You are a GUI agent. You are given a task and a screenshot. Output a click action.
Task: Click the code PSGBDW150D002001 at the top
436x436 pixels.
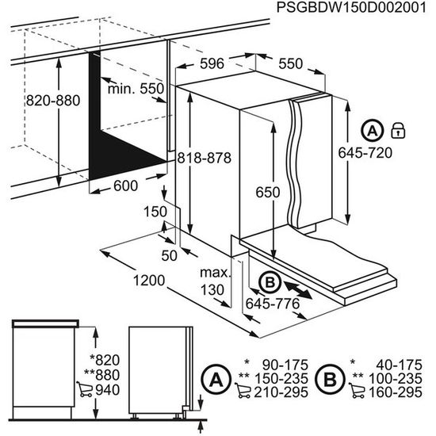353,8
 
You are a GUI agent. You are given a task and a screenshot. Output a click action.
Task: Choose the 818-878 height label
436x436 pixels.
205,158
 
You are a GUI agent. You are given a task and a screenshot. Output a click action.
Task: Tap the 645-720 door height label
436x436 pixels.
384,151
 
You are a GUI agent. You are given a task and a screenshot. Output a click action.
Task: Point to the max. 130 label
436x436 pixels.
215,281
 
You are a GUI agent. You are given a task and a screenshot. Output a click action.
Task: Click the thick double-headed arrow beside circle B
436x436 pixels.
302,288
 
